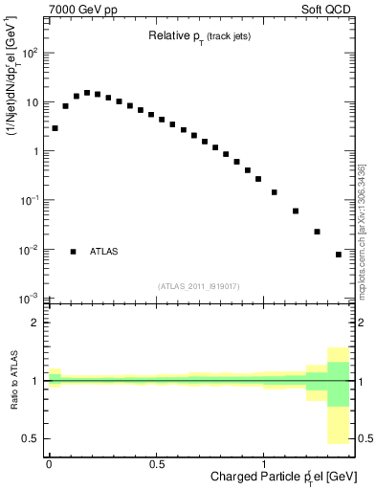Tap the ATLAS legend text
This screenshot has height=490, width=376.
[104, 252]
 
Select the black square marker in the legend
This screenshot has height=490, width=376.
[74, 252]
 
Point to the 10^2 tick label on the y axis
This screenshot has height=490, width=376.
[31, 53]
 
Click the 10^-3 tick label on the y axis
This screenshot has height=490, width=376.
[31, 299]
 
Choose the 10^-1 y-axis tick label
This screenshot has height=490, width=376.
[31, 200]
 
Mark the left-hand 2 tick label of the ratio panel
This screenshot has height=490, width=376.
[37, 323]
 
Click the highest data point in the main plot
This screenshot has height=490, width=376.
[87, 93]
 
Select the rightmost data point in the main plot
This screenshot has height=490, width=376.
[339, 255]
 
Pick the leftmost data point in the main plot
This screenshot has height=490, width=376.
[55, 128]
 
